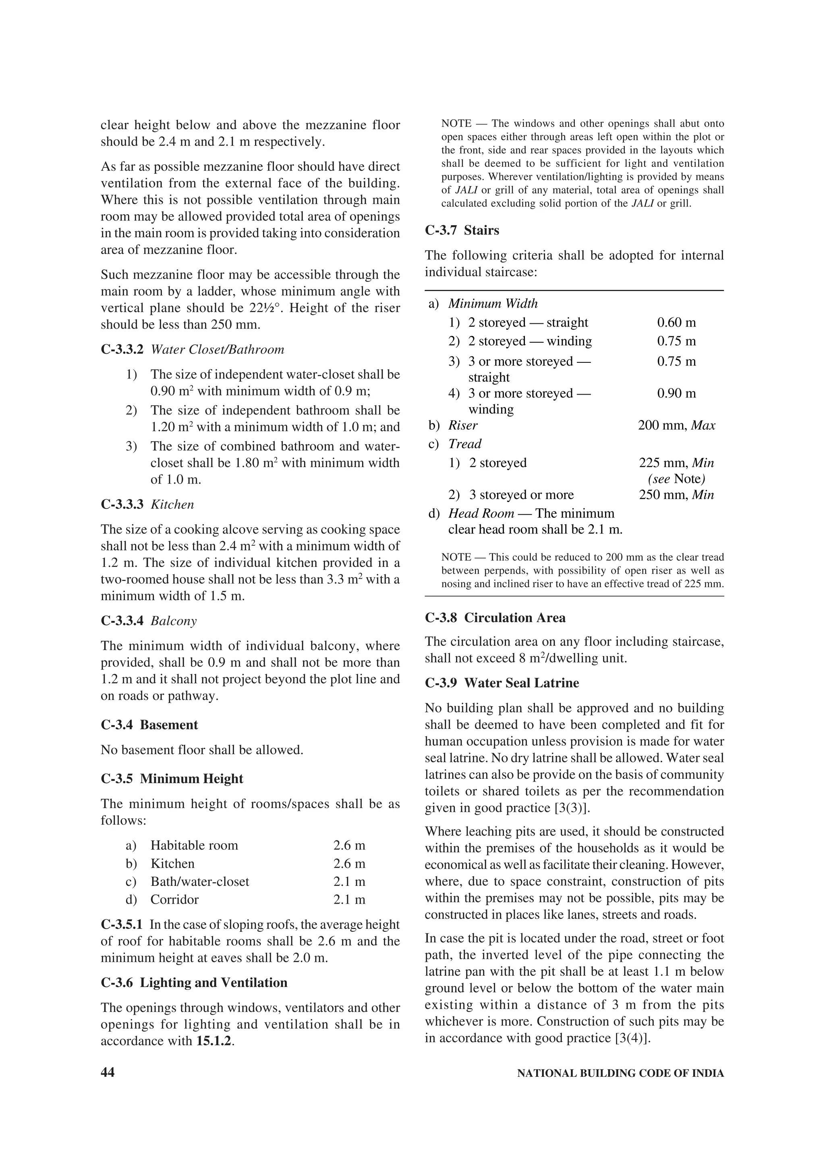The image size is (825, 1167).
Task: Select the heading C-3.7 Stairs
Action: pyautogui.click(x=462, y=230)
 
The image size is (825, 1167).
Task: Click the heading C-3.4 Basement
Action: pyautogui.click(x=149, y=725)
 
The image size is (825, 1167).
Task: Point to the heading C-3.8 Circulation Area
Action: pyautogui.click(x=495, y=618)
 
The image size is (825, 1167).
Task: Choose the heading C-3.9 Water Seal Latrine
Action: pyautogui.click(x=502, y=683)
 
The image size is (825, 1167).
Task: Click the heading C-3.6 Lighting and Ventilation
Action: pyautogui.click(x=194, y=983)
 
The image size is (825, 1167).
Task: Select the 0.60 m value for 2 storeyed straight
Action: pyautogui.click(x=676, y=322)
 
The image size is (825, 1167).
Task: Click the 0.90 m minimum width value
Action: pyautogui.click(x=676, y=393)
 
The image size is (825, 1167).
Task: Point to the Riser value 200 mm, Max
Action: pyautogui.click(x=676, y=425)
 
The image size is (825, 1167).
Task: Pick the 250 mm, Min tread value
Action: pyautogui.click(x=676, y=495)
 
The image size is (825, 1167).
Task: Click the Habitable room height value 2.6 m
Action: pyautogui.click(x=349, y=845)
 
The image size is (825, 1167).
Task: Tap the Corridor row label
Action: pyautogui.click(x=174, y=899)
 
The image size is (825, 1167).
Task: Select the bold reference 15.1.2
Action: pyautogui.click(x=214, y=1041)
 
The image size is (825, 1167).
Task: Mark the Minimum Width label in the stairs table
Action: pyautogui.click(x=493, y=304)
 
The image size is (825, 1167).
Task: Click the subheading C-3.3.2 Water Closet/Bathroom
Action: pyautogui.click(x=193, y=350)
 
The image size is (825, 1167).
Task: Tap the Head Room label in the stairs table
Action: pyautogui.click(x=481, y=513)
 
